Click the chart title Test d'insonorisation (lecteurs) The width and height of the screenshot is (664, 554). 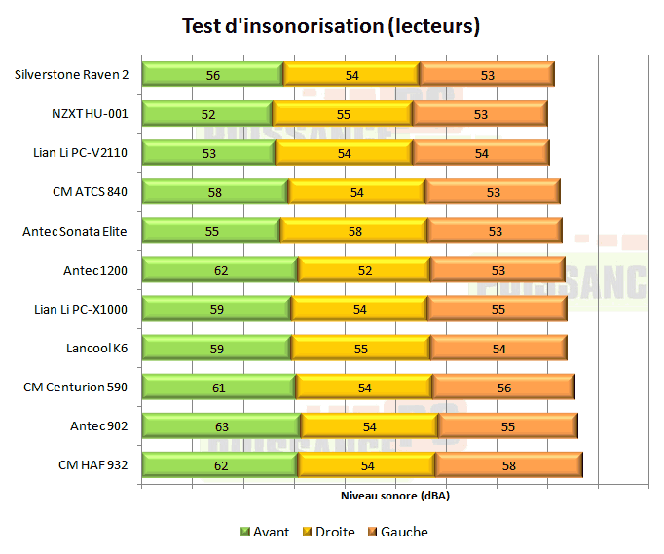(331, 26)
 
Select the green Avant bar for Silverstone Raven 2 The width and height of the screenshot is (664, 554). (212, 75)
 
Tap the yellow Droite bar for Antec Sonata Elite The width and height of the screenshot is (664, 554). (353, 231)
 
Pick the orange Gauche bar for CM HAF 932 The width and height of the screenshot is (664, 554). (507, 464)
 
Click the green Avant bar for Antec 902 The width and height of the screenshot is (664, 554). (221, 425)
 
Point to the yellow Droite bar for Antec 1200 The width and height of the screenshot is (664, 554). (364, 270)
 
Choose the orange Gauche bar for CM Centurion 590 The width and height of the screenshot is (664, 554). (502, 387)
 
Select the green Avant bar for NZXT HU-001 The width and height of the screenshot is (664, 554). (207, 114)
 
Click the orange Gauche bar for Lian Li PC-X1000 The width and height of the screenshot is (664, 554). (497, 309)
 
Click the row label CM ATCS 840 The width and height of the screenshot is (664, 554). (91, 192)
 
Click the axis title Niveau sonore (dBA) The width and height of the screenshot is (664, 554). (395, 496)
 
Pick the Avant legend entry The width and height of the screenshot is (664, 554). (264, 532)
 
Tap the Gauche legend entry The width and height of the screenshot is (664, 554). (396, 532)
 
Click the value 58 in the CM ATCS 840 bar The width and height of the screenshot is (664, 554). (215, 192)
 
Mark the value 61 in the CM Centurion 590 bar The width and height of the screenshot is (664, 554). (219, 387)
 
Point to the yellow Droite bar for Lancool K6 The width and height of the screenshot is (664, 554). (360, 348)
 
